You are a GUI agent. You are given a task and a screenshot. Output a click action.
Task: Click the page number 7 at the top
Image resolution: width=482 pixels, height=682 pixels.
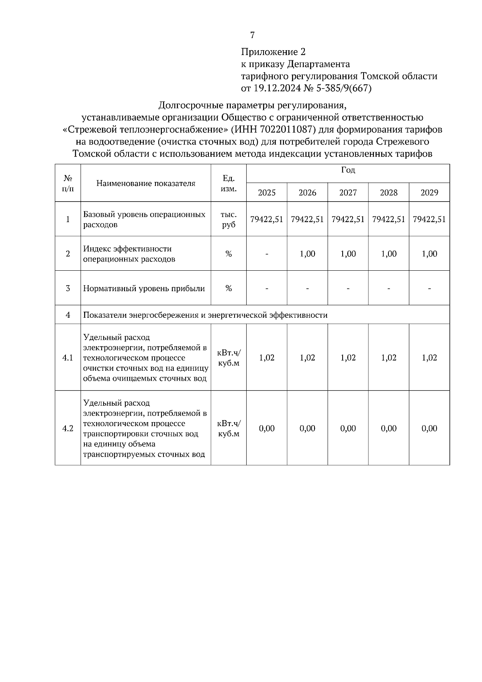tap(252, 35)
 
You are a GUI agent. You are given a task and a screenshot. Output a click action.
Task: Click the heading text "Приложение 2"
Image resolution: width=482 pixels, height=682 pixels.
tap(273, 52)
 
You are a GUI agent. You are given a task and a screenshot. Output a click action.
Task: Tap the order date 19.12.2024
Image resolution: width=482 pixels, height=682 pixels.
tap(278, 88)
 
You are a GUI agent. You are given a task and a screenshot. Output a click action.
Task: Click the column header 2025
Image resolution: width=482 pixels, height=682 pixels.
tap(267, 192)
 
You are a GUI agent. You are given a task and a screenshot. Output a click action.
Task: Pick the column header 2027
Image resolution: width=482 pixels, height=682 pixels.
tap(348, 192)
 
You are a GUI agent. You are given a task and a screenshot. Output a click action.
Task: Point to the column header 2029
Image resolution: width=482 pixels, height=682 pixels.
tap(429, 192)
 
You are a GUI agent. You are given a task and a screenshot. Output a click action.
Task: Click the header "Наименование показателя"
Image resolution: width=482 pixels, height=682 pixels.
tap(146, 184)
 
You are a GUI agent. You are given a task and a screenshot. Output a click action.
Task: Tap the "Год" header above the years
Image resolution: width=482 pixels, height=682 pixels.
tap(348, 170)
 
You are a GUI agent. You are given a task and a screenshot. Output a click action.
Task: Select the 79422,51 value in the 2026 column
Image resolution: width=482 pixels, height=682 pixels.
tap(307, 219)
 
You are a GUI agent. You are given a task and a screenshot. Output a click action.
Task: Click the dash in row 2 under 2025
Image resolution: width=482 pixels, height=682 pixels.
tap(267, 254)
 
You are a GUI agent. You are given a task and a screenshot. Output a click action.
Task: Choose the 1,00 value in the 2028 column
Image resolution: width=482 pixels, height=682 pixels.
tap(388, 254)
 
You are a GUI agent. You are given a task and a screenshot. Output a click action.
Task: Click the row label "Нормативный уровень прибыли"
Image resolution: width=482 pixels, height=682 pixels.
tap(144, 288)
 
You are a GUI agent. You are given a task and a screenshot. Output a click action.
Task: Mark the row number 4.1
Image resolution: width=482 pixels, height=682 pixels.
tap(68, 357)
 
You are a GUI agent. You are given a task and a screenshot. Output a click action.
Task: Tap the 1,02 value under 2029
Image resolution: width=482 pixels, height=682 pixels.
tap(429, 357)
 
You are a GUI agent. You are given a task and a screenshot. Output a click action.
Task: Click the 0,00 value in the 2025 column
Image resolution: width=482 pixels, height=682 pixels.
tap(267, 428)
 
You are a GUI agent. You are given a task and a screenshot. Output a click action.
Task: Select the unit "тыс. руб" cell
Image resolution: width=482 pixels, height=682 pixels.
tap(229, 219)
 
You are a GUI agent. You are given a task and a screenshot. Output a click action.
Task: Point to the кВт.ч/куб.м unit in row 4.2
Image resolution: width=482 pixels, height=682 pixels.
tap(229, 428)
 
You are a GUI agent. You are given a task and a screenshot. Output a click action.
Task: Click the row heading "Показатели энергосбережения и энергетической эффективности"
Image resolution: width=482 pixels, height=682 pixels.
tap(205, 315)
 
